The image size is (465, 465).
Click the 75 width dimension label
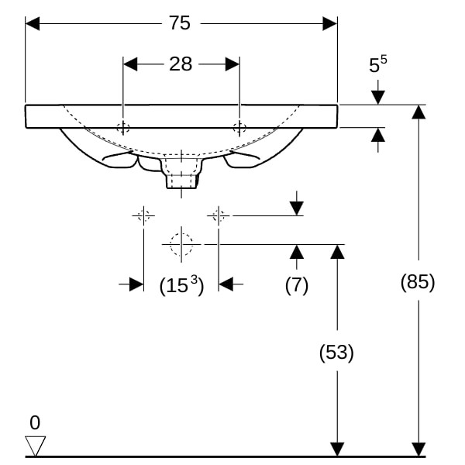pyautogui.click(x=180, y=23)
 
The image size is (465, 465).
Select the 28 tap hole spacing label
pyautogui.click(x=181, y=64)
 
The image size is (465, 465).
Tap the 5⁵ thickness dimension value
pyautogui.click(x=377, y=66)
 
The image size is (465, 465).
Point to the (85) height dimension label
pyautogui.click(x=418, y=281)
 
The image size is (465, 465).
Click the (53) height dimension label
pyautogui.click(x=336, y=353)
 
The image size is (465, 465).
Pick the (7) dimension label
pyautogui.click(x=296, y=284)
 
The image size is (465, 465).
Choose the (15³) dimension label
pyautogui.click(x=181, y=285)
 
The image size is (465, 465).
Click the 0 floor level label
pyautogui.click(x=35, y=422)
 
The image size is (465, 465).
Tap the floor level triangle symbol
pyautogui.click(x=36, y=446)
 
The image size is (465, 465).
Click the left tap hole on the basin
pyautogui.click(x=123, y=127)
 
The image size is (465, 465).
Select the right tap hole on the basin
pyautogui.click(x=239, y=127)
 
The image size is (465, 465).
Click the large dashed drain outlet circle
pyautogui.click(x=181, y=244)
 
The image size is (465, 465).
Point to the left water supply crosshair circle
pyautogui.click(x=143, y=215)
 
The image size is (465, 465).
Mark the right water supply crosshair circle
pyautogui.click(x=219, y=215)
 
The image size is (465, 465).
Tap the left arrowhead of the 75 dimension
pyautogui.click(x=33, y=23)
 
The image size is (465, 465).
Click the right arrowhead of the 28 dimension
pyautogui.click(x=232, y=64)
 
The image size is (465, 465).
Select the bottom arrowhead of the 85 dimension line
pyautogui.click(x=418, y=449)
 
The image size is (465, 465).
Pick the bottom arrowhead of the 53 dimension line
pyautogui.click(x=336, y=449)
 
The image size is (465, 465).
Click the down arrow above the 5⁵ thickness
pyautogui.click(x=377, y=97)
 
